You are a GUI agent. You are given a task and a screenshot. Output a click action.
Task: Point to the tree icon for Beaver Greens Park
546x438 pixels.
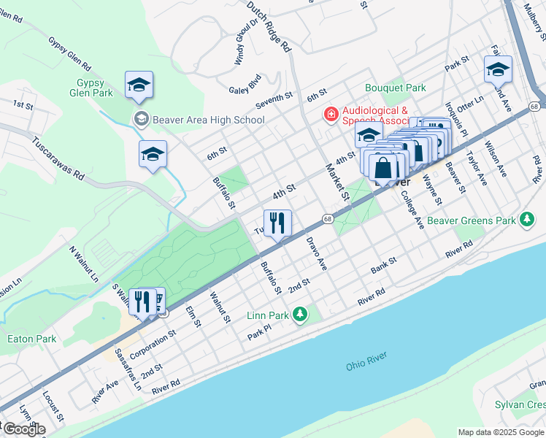tap(526, 220)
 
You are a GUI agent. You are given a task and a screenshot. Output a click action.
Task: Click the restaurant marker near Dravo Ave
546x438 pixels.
tap(277, 222)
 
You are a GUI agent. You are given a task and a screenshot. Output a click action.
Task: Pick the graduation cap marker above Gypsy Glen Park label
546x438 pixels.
tap(139, 85)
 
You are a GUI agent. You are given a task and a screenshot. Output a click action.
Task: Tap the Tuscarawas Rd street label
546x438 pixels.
tap(58, 157)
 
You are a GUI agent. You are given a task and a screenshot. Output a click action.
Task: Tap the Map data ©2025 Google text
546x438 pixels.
tap(501, 432)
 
